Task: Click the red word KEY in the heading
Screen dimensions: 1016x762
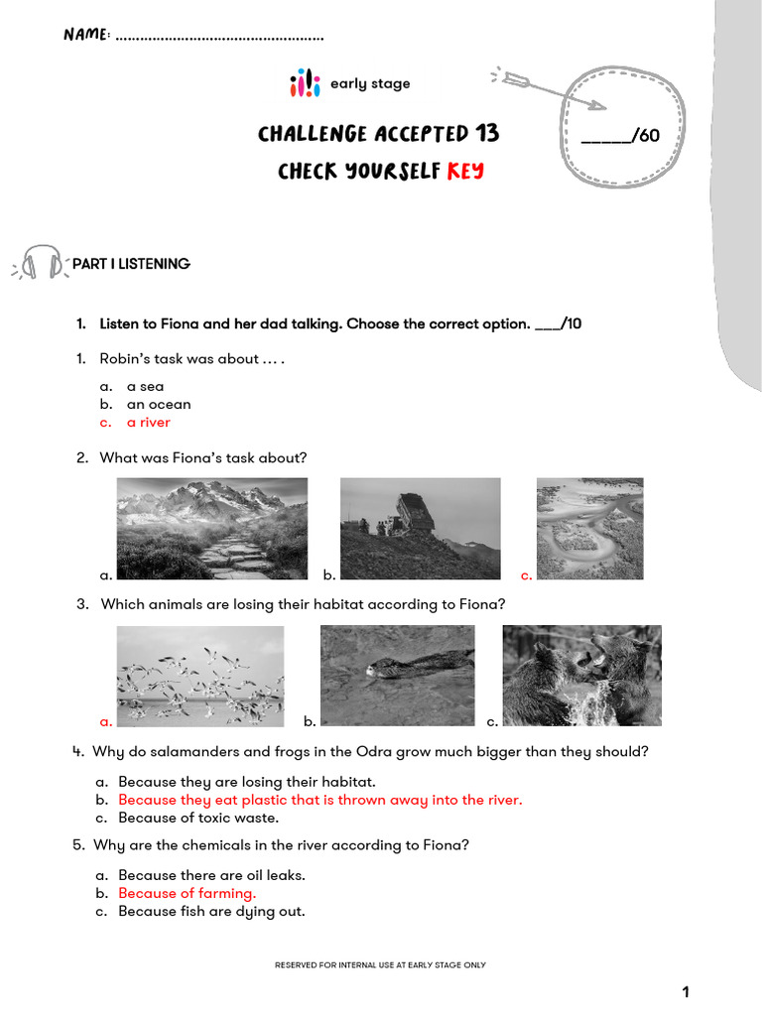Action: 465,172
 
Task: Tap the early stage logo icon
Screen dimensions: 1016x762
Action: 305,83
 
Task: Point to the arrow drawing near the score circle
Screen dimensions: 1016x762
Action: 547,89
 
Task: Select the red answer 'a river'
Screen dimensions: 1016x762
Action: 148,423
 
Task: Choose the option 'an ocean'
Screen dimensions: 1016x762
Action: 159,405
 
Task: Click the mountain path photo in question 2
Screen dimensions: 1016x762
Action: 212,529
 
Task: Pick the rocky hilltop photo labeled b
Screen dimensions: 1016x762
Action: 420,529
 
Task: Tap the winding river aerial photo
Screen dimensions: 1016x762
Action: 589,529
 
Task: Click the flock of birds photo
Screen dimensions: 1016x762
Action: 199,676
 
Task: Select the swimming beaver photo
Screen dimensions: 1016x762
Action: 397,676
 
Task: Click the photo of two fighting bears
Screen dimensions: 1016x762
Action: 581,676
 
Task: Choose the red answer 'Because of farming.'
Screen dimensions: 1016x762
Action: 187,893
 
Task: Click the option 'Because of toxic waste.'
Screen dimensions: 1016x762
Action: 198,819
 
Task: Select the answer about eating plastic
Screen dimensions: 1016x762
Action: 319,800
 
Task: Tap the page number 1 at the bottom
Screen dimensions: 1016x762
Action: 685,992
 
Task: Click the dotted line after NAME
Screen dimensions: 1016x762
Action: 219,38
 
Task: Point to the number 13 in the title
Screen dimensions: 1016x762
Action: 487,134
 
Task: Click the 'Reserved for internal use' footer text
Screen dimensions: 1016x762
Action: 380,964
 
